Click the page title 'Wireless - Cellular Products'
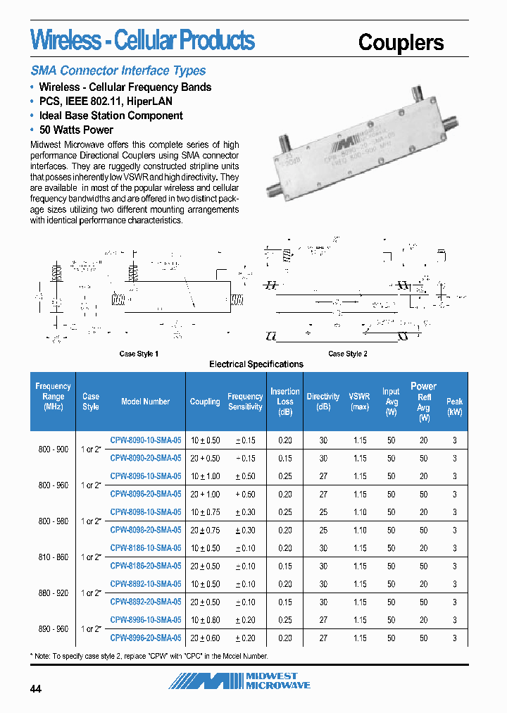pyautogui.click(x=142, y=40)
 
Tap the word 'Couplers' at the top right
pyautogui.click(x=401, y=42)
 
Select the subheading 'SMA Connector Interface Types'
pyautogui.click(x=118, y=70)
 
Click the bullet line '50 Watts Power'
pyautogui.click(x=76, y=130)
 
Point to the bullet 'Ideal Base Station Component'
pyautogui.click(x=111, y=116)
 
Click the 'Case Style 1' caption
pyautogui.click(x=139, y=354)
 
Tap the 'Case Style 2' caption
pyautogui.click(x=348, y=354)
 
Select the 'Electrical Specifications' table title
pyautogui.click(x=256, y=364)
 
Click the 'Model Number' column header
pyautogui.click(x=145, y=402)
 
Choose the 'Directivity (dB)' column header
pyautogui.click(x=323, y=402)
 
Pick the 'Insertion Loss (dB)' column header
pyautogui.click(x=284, y=402)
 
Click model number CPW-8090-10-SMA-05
pyautogui.click(x=146, y=440)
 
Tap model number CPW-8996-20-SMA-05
pyautogui.click(x=146, y=638)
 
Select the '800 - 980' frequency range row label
pyautogui.click(x=53, y=521)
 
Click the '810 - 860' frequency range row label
pyautogui.click(x=53, y=557)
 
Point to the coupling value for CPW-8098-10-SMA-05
pyautogui.click(x=205, y=512)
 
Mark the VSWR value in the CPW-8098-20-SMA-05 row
pyautogui.click(x=360, y=531)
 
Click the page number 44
pyautogui.click(x=36, y=689)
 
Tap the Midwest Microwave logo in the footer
pyautogui.click(x=239, y=681)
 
